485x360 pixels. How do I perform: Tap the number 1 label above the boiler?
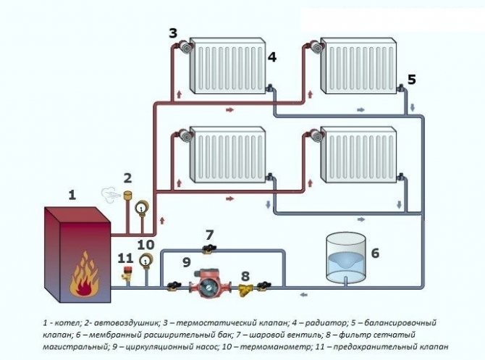72,194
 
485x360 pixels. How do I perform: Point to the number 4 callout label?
271,56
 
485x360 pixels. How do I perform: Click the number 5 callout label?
412,80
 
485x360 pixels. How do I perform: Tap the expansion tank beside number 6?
344,257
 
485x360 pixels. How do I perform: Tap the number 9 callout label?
186,262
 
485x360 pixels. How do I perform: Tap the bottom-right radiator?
358,154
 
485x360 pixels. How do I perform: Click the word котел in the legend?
64,321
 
